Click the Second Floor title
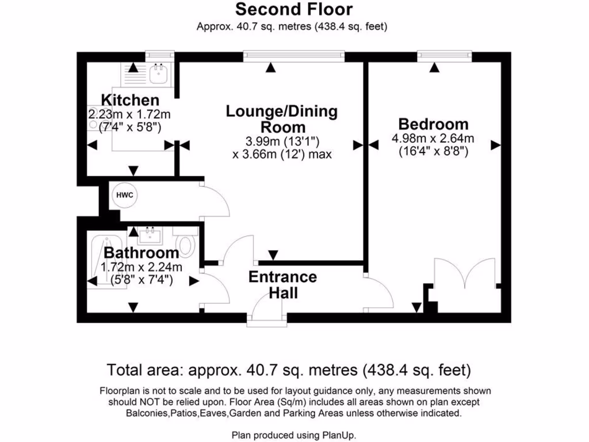click(x=294, y=10)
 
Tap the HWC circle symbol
click(x=125, y=195)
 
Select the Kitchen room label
click(x=130, y=100)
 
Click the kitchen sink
click(x=156, y=73)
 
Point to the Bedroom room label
click(x=433, y=124)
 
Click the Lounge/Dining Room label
click(x=282, y=119)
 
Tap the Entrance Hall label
click(x=282, y=285)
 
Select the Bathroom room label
click(x=141, y=253)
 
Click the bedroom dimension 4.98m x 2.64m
click(x=433, y=138)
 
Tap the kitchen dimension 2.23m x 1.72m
click(x=129, y=115)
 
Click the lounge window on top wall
click(x=294, y=56)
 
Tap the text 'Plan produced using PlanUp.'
click(x=294, y=435)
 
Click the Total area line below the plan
click(x=289, y=369)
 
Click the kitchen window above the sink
click(x=160, y=56)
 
